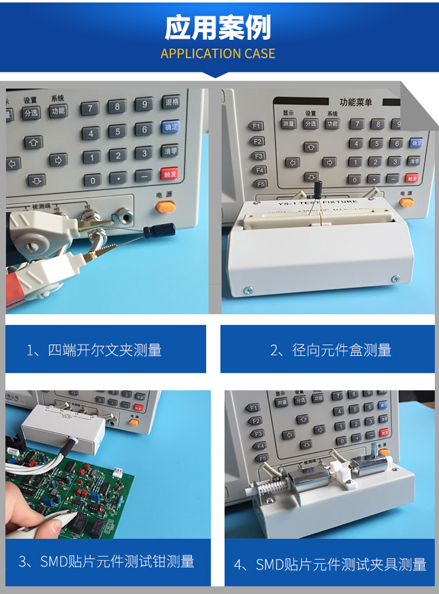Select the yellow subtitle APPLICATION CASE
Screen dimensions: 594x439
[x=218, y=54]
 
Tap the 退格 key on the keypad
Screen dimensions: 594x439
[x=171, y=102]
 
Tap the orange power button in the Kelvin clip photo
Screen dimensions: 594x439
[x=166, y=206]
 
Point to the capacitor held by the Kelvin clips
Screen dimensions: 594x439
[x=156, y=230]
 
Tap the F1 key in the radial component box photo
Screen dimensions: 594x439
[x=256, y=126]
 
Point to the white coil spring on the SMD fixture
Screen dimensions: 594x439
[x=270, y=485]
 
